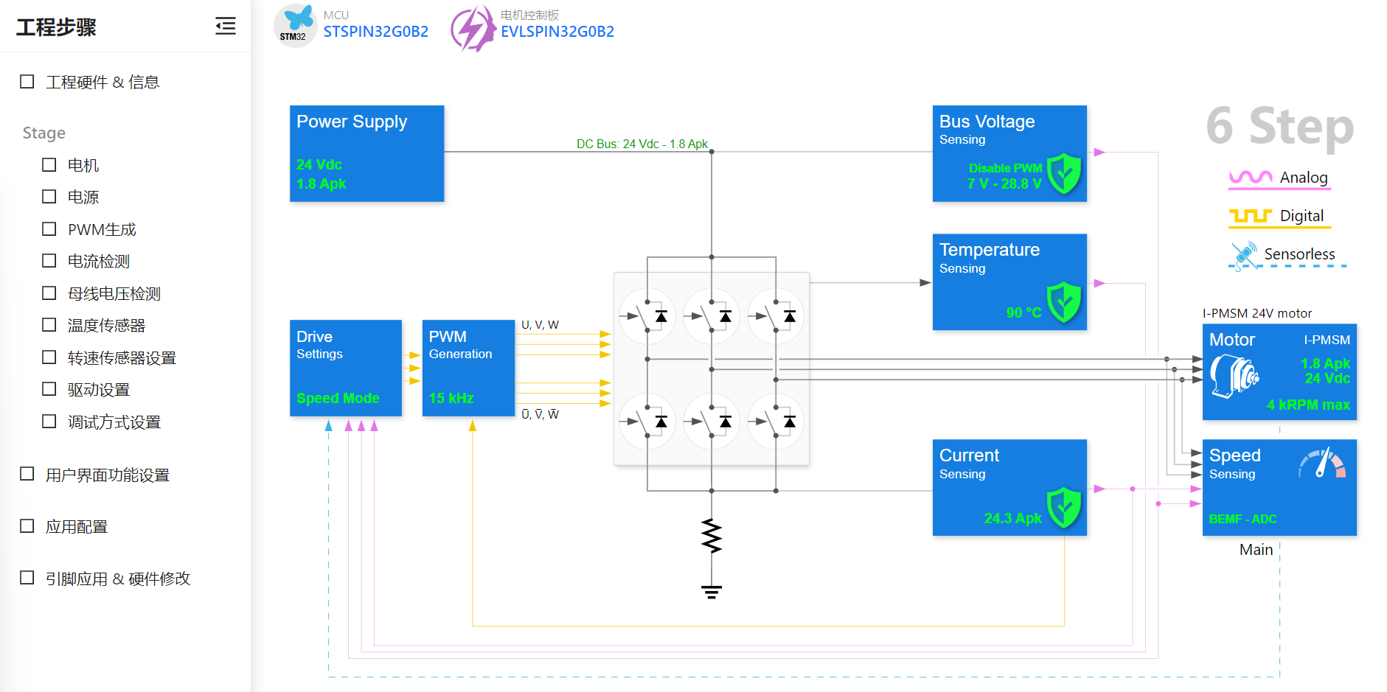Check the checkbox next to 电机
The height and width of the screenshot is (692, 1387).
pyautogui.click(x=49, y=165)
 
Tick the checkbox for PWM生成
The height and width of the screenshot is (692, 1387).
pyautogui.click(x=49, y=229)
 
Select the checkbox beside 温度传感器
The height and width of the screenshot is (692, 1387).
pyautogui.click(x=49, y=325)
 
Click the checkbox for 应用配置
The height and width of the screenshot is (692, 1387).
pyautogui.click(x=27, y=526)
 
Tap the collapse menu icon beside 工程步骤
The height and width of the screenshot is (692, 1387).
pyautogui.click(x=226, y=27)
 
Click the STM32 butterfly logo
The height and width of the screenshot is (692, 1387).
pyautogui.click(x=296, y=26)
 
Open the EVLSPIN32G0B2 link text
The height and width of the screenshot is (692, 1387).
pyautogui.click(x=557, y=32)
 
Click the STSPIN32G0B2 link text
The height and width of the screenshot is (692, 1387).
pyautogui.click(x=376, y=32)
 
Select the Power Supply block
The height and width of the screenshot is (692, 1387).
pyautogui.click(x=367, y=153)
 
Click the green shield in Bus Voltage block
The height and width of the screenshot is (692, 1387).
pyautogui.click(x=1064, y=174)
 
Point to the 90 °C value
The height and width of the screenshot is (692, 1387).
pyautogui.click(x=1023, y=312)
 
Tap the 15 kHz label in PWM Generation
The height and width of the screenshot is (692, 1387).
pyautogui.click(x=451, y=399)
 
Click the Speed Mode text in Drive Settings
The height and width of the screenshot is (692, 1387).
pyautogui.click(x=338, y=399)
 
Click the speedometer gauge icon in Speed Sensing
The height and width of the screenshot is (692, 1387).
pyautogui.click(x=1322, y=464)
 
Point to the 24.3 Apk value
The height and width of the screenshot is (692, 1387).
pyautogui.click(x=1012, y=519)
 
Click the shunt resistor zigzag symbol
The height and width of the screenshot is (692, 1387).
pyautogui.click(x=712, y=536)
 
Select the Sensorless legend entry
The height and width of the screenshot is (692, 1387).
pyautogui.click(x=1287, y=255)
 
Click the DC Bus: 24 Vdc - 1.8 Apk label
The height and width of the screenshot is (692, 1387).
pyautogui.click(x=642, y=144)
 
